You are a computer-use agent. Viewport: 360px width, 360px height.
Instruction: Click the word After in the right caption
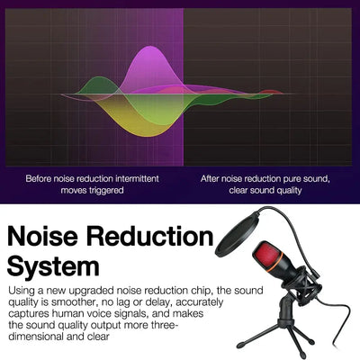pos(212,178)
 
